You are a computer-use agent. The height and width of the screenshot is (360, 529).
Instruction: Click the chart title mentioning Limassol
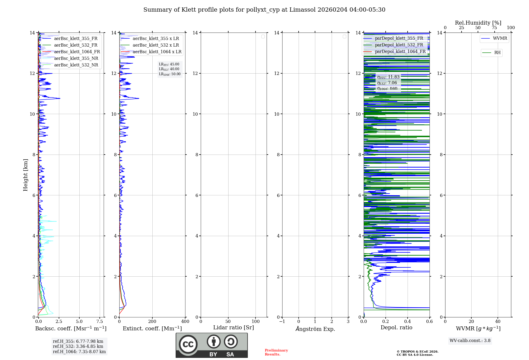pos(264,10)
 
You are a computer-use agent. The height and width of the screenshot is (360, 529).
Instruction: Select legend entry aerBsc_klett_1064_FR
pos(77,52)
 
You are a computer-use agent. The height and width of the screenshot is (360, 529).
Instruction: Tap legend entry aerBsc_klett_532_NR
pos(76,65)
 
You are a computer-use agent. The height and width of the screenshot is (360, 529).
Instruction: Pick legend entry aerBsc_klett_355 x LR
pos(156,39)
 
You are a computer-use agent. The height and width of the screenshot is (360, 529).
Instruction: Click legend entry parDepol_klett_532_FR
pos(399,45)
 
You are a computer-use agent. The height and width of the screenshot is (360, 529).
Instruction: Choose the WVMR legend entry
pos(500,38)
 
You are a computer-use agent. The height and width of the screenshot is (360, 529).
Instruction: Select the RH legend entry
pos(497,53)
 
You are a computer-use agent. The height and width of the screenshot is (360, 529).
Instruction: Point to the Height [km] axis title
pos(25,175)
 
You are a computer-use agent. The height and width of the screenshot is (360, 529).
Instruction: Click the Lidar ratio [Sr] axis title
pos(234,328)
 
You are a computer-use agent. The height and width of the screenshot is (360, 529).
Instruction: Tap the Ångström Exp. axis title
pos(315,329)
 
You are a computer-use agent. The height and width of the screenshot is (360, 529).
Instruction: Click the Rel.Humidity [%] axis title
pos(478,23)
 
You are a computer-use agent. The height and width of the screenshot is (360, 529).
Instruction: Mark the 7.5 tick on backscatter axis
pos(100,322)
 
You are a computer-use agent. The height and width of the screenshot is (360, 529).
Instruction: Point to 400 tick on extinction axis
pos(185,322)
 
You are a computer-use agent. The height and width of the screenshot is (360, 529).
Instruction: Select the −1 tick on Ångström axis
pos(282,322)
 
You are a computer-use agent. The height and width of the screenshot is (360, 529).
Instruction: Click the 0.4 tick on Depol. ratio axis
pos(408,322)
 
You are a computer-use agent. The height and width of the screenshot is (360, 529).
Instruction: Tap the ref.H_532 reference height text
pos(78,346)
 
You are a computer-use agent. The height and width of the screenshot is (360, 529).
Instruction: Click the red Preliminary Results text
pos(276,352)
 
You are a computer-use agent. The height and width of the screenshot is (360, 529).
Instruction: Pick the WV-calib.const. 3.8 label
pos(470,341)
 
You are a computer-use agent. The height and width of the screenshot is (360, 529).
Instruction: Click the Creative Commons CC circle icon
pos(188,344)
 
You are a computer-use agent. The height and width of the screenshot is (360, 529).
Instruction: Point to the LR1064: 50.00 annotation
pos(170,74)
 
